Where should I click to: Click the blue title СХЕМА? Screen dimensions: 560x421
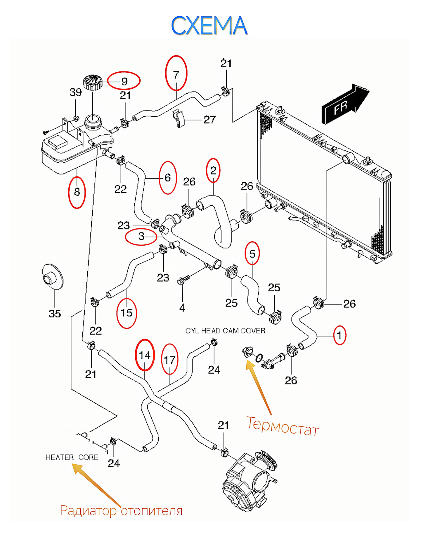(x=209, y=26)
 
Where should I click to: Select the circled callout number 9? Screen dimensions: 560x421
(x=124, y=81)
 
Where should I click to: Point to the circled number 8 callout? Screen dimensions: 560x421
(x=77, y=192)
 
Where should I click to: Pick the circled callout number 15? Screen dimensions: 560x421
(x=127, y=313)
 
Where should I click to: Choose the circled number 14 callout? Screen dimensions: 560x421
(x=145, y=355)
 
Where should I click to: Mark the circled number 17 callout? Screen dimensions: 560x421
(x=169, y=360)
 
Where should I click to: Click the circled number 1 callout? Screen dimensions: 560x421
(x=339, y=335)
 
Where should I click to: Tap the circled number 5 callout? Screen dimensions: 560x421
(x=252, y=254)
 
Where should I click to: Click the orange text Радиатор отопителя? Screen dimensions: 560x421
(x=121, y=511)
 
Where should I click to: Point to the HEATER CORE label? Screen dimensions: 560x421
(x=72, y=457)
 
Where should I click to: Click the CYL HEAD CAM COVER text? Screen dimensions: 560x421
(x=225, y=331)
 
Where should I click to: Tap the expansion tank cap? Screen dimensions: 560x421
(x=93, y=82)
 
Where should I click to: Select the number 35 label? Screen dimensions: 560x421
(x=55, y=314)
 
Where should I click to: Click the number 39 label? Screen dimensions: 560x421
(x=75, y=92)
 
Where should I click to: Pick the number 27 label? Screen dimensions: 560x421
(x=209, y=120)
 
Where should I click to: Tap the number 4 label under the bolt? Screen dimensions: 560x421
(x=182, y=308)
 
